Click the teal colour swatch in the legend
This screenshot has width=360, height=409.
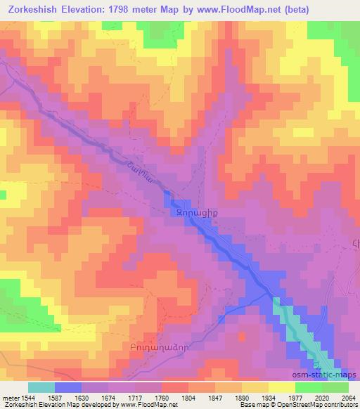(x=41, y=387)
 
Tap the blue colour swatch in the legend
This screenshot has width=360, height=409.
(x=67, y=387)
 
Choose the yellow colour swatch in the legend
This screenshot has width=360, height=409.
(x=281, y=387)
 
